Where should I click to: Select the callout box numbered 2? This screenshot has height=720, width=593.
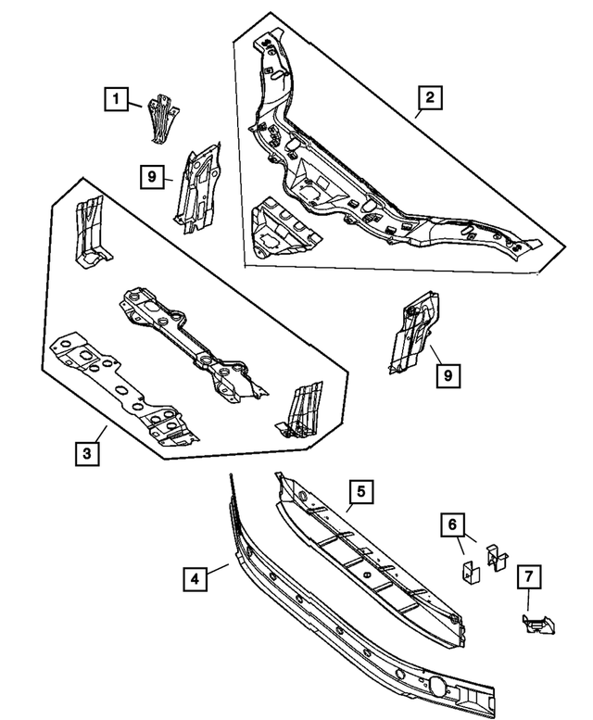(x=429, y=97)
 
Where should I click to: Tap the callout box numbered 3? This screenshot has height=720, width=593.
(x=87, y=453)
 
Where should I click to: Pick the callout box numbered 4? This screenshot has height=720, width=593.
(x=194, y=580)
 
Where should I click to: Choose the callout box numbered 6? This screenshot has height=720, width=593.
(x=451, y=526)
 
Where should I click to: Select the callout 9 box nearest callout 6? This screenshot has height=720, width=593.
(x=448, y=374)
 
